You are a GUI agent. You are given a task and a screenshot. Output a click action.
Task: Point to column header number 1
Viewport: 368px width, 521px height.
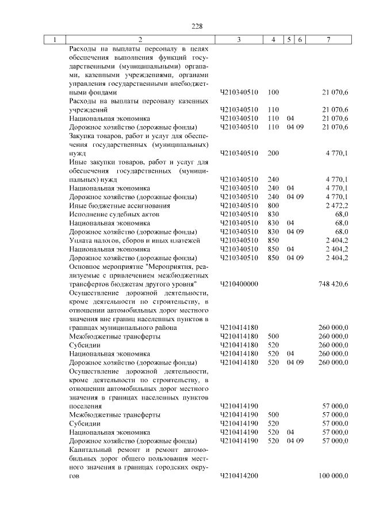point(55,40)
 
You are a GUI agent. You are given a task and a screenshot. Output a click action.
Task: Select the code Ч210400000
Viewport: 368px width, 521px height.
point(239,284)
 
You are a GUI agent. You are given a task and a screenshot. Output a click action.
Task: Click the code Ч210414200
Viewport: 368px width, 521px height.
point(239,476)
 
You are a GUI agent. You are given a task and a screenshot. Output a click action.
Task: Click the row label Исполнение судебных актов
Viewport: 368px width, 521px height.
point(106,214)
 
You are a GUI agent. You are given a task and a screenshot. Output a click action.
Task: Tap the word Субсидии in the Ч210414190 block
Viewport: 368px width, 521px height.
point(84,423)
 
